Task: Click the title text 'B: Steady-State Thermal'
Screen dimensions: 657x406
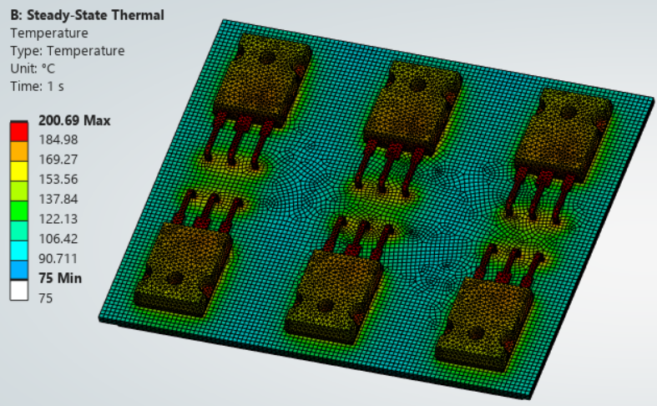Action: click(x=87, y=15)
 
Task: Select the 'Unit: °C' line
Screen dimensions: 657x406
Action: click(x=33, y=69)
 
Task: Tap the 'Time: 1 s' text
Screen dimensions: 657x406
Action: click(x=38, y=86)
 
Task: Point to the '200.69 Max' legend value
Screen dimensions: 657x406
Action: click(x=74, y=121)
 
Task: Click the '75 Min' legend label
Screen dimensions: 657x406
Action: click(x=60, y=278)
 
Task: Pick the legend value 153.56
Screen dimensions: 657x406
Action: click(x=58, y=179)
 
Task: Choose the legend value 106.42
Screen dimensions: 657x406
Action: click(x=58, y=239)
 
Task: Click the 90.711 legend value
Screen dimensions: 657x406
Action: click(x=58, y=258)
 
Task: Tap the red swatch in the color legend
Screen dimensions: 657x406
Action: click(x=19, y=131)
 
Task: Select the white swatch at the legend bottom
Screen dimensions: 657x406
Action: click(x=19, y=290)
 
